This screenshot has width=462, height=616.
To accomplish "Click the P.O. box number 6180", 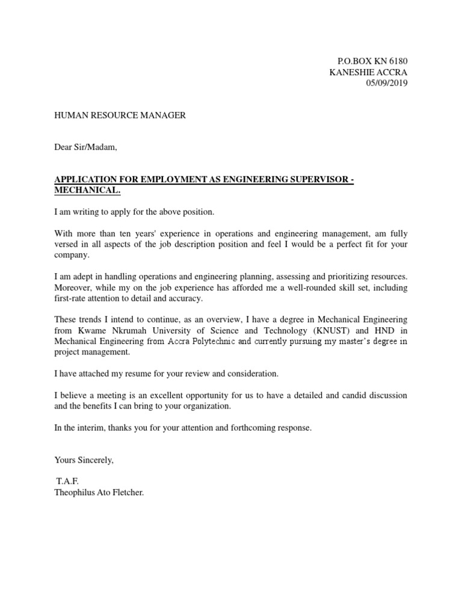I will coord(397,61).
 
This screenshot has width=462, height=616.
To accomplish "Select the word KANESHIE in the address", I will coord(351,72).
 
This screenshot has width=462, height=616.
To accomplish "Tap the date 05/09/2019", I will coord(387,83).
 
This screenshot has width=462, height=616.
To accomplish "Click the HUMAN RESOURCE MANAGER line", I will coord(120,115).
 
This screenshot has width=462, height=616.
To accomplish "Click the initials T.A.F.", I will coord(67,482).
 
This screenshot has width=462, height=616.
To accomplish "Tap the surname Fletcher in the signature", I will coord(127,493).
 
